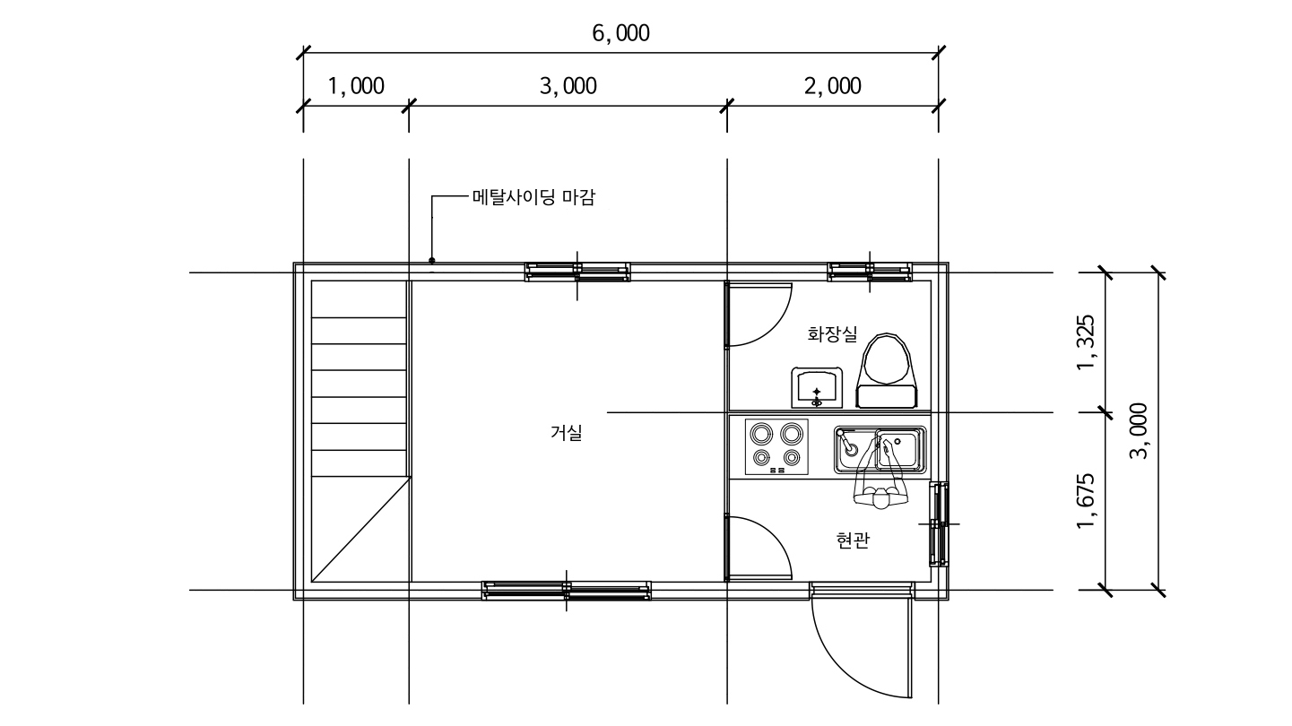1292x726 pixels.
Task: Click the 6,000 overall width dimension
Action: (x=620, y=33)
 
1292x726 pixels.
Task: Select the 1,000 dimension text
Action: (x=356, y=87)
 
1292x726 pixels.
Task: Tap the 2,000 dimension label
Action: (x=832, y=87)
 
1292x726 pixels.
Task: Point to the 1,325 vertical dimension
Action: (x=1086, y=342)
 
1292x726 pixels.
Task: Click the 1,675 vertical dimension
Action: (x=1086, y=501)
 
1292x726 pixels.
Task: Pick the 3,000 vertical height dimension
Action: (x=1139, y=431)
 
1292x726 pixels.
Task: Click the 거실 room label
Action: (x=566, y=433)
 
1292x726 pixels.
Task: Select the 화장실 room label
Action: (x=832, y=334)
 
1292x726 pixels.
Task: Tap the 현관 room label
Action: (x=853, y=540)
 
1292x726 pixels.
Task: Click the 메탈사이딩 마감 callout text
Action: (x=533, y=197)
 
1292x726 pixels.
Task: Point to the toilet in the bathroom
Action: (x=887, y=370)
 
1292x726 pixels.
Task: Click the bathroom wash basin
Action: (x=816, y=387)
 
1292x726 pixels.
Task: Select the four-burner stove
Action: (x=776, y=447)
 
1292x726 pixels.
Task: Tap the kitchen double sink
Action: (x=880, y=450)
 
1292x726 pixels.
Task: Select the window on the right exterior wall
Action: (x=939, y=524)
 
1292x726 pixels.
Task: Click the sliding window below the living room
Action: (x=567, y=591)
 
